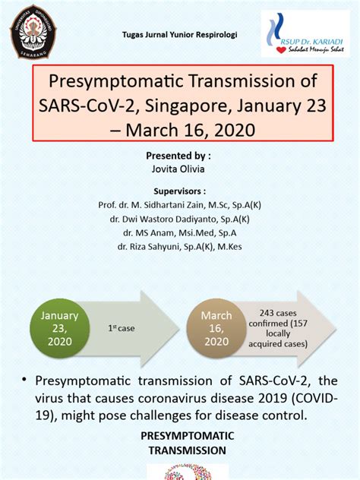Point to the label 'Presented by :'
tap(179, 155)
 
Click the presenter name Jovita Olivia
tap(179, 168)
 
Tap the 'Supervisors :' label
tap(179, 191)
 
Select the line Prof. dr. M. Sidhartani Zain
tap(179, 205)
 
